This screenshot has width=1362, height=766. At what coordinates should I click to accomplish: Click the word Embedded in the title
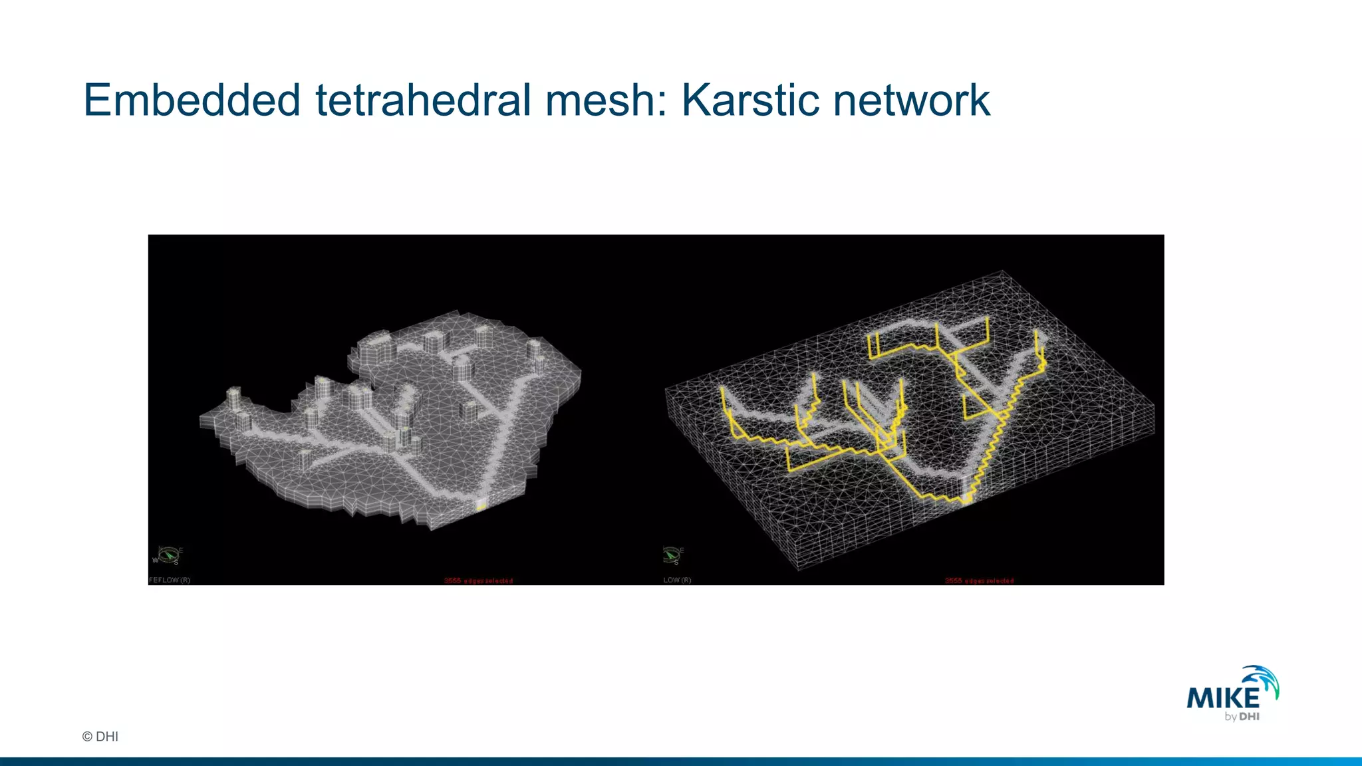[192, 101]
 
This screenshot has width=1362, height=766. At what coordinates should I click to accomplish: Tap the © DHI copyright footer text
[100, 736]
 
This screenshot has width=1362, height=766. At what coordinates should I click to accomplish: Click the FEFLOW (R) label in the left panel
[170, 580]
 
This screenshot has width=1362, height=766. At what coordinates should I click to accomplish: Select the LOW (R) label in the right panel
[677, 580]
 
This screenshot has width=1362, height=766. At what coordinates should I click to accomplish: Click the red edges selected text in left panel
[478, 581]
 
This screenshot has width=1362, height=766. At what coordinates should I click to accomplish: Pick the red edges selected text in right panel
[979, 581]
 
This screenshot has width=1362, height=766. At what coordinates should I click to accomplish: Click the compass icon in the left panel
[168, 555]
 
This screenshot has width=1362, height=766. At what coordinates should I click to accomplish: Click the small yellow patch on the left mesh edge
[481, 506]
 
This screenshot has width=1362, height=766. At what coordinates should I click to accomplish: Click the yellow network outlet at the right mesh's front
[967, 497]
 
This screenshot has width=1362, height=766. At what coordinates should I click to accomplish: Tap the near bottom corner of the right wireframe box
[798, 569]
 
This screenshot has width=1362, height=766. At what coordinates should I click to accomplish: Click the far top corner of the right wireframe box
[1002, 271]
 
